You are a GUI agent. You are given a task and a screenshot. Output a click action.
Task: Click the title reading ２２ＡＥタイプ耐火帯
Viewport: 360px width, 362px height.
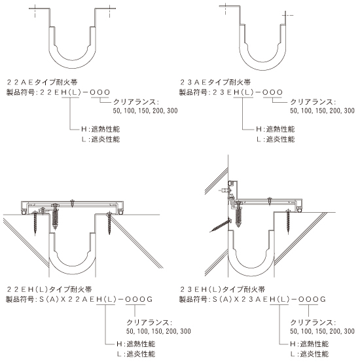[42, 82]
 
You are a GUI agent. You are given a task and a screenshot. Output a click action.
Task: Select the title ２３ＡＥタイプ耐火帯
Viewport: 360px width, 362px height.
[215, 82]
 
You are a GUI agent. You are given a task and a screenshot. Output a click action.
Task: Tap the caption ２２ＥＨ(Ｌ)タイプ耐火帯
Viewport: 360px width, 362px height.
[49, 289]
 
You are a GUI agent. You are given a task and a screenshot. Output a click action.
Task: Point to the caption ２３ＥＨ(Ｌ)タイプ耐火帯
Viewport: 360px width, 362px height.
[223, 289]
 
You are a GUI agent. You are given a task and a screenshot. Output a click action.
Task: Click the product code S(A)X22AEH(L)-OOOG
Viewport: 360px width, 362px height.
[96, 299]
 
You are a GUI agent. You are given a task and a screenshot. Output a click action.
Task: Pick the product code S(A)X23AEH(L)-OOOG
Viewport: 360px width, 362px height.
[269, 299]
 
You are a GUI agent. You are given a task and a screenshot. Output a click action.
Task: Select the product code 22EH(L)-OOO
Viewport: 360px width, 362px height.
[75, 92]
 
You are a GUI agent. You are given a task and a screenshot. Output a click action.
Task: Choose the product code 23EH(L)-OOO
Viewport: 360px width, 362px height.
[248, 92]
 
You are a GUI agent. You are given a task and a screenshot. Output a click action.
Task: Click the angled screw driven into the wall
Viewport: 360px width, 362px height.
[221, 225]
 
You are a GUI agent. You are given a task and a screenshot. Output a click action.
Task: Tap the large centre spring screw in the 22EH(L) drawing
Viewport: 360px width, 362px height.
[55, 216]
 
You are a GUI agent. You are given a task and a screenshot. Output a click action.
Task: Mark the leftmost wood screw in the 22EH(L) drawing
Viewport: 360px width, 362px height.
[35, 223]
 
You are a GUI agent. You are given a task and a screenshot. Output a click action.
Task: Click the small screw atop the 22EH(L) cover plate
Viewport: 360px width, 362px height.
[73, 203]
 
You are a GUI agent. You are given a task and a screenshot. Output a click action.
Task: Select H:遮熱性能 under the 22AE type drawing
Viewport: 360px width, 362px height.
[100, 129]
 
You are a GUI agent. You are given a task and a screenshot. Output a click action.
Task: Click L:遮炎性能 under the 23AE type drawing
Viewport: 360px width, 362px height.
[276, 139]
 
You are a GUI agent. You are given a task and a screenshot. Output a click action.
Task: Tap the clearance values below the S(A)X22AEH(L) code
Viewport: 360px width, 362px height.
[158, 331]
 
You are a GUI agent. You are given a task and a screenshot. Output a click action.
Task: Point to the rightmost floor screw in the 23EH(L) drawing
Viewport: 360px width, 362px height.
[288, 221]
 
